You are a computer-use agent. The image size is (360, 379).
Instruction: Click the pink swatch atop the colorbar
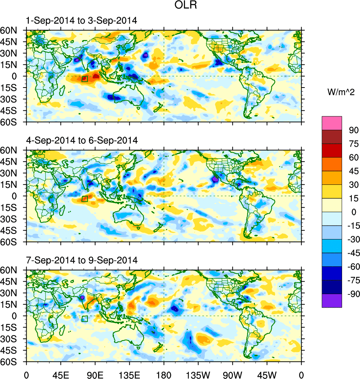(332, 123)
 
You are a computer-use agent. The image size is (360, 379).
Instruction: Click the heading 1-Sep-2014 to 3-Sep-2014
(81, 21)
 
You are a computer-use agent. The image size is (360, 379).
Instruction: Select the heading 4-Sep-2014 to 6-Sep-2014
(81, 141)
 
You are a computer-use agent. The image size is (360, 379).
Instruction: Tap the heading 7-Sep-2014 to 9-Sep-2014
(81, 260)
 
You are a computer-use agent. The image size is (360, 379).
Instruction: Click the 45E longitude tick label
(61, 374)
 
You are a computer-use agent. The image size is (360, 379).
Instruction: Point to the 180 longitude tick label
(164, 374)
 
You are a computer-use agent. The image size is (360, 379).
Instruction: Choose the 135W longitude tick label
(198, 374)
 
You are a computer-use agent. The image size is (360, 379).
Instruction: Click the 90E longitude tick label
(95, 374)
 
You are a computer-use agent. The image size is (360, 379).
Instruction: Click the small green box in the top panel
(84, 79)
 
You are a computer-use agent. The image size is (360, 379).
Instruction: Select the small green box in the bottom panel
(84, 319)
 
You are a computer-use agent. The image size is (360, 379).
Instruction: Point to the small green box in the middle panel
(84, 199)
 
